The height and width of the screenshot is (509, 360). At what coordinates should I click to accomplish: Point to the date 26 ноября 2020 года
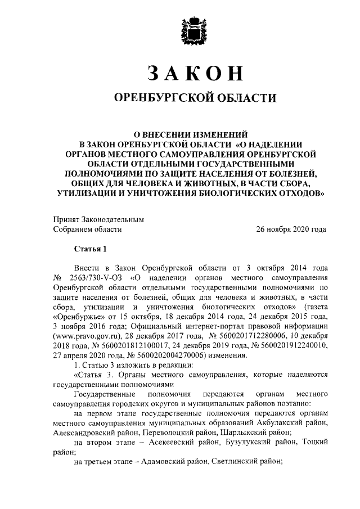291,229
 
